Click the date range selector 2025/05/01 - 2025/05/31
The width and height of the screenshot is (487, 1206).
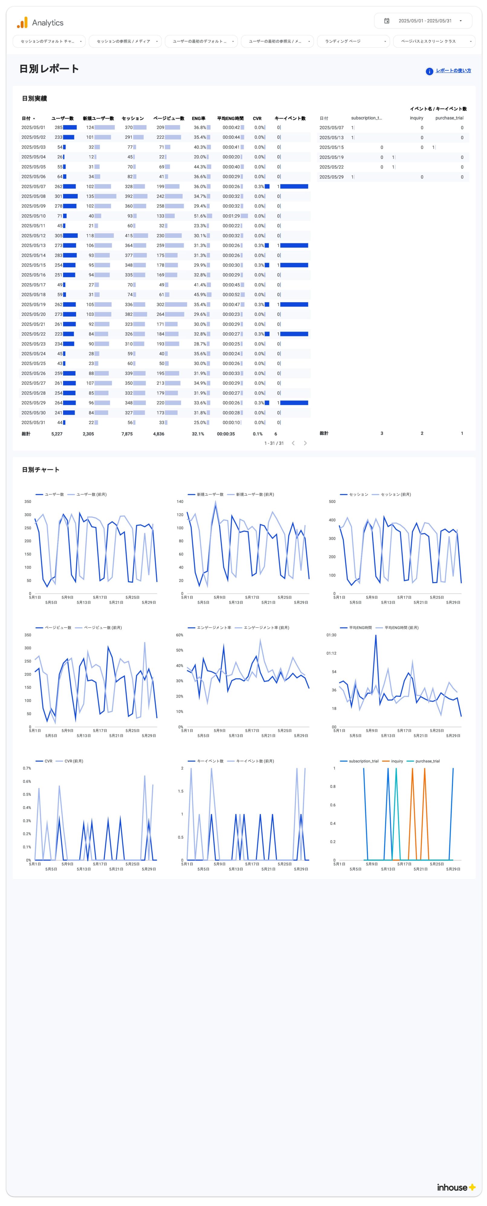tap(423, 21)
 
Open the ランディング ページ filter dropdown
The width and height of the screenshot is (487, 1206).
tap(353, 41)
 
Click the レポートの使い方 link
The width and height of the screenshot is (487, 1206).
tap(453, 71)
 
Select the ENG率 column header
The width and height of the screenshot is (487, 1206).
tap(198, 119)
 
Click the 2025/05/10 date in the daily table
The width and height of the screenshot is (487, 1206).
tap(33, 216)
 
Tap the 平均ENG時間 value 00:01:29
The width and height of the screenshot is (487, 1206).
tap(231, 216)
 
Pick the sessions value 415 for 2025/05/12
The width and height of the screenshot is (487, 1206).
tap(129, 236)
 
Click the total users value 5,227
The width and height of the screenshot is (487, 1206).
tap(56, 434)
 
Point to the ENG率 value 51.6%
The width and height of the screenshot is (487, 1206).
tap(200, 216)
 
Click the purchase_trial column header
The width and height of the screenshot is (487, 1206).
tap(449, 118)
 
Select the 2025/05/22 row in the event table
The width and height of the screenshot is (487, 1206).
tap(331, 167)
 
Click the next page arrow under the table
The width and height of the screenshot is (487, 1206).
tap(305, 443)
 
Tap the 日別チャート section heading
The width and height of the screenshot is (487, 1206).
tap(41, 470)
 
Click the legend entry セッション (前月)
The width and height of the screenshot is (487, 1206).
tap(396, 494)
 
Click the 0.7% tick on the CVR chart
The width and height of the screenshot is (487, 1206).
tap(27, 768)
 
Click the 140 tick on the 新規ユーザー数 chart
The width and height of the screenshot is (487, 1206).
tap(180, 501)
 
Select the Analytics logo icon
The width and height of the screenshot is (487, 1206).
tap(22, 22)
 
